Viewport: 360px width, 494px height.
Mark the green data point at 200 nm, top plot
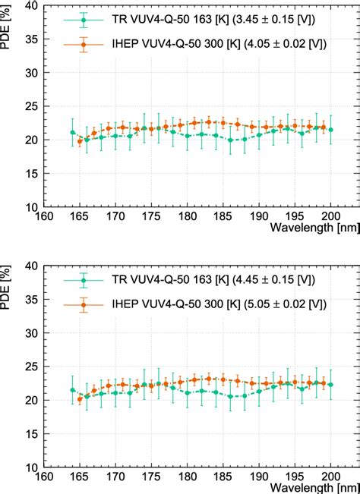click(x=331, y=130)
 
